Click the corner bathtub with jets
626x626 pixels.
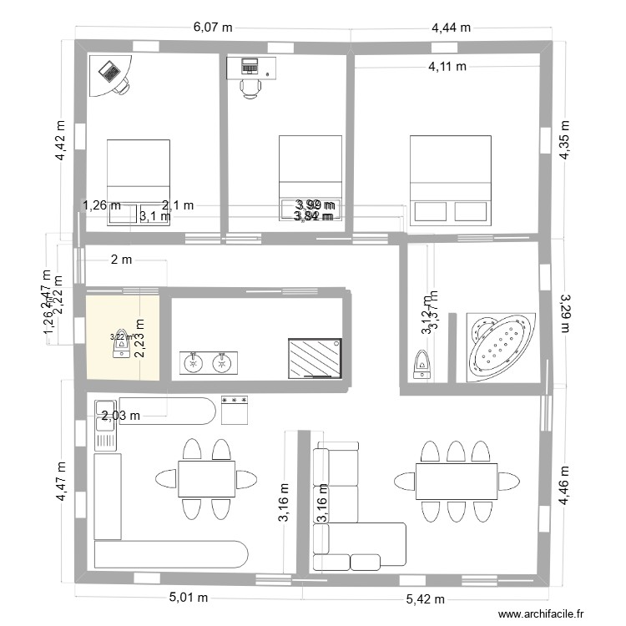pyautogui.click(x=500, y=346)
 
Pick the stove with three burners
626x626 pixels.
pyautogui.click(x=236, y=410)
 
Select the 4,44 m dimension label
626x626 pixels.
pyautogui.click(x=451, y=28)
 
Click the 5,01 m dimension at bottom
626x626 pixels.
pyautogui.click(x=189, y=598)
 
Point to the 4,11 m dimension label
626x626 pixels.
pyautogui.click(x=447, y=66)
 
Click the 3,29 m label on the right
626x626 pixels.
pyautogui.click(x=564, y=311)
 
